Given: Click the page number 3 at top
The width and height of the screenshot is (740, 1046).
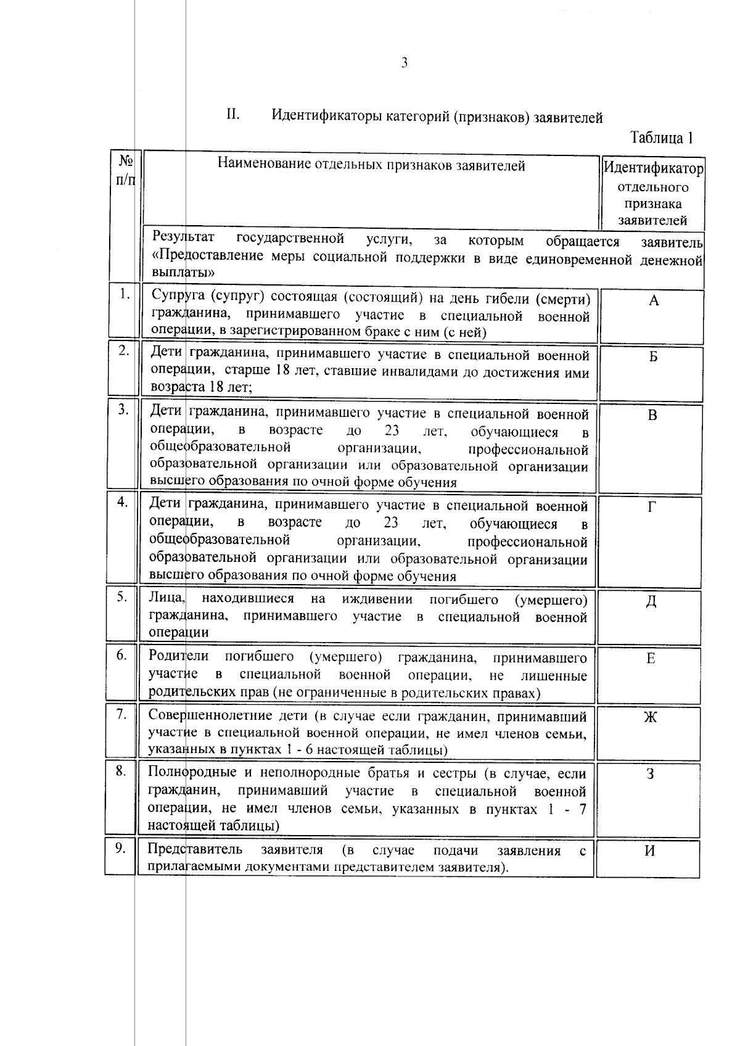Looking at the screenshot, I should (x=404, y=63).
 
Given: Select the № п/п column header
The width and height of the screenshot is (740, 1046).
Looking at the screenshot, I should (x=125, y=170).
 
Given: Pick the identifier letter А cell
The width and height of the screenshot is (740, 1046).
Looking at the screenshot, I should (x=654, y=301).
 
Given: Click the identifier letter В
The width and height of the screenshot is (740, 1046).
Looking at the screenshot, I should (x=652, y=416).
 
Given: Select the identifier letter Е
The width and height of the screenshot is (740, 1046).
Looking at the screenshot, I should (x=651, y=659).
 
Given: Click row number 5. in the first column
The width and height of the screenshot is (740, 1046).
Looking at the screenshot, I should (x=121, y=596).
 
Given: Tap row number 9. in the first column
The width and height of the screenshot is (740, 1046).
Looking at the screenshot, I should (x=120, y=849).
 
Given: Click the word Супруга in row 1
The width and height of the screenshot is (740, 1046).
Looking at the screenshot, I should (x=178, y=299).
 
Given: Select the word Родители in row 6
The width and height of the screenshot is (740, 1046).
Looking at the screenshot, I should (x=179, y=656).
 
